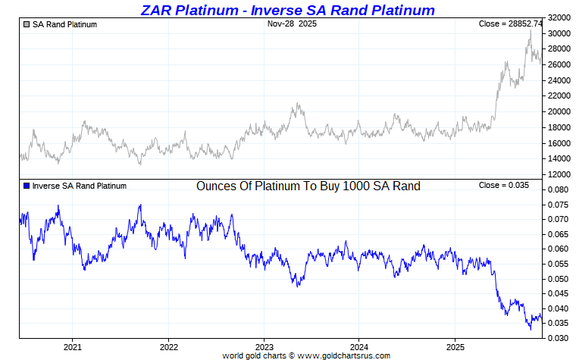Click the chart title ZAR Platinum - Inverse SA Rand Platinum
(x=288, y=10)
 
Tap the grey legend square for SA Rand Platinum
(x=27, y=24)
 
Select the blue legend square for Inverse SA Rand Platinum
(x=27, y=186)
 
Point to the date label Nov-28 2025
(x=292, y=24)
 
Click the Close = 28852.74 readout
(x=509, y=24)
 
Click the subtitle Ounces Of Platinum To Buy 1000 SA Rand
(x=308, y=186)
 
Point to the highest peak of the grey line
(x=531, y=30)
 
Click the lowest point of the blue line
(x=531, y=329)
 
